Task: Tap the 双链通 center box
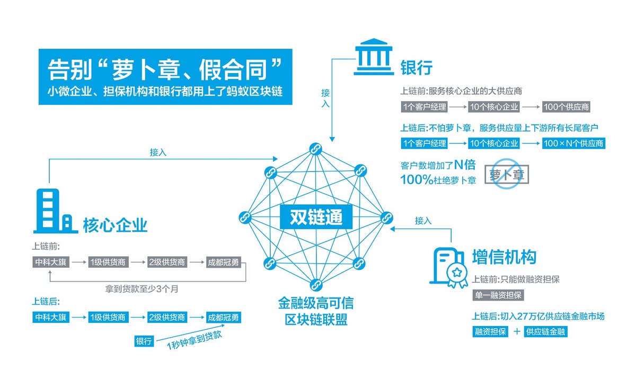[x=316, y=217]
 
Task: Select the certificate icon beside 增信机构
[x=448, y=266]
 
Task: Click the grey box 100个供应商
[x=567, y=107]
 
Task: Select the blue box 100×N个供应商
[x=573, y=143]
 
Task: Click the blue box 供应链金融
[x=546, y=332]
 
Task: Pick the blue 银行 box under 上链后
[x=144, y=341]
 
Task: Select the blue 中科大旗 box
[x=50, y=318]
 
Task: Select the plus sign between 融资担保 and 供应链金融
[x=516, y=332]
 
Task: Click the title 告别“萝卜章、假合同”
[x=164, y=68]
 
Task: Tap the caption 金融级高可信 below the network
[x=316, y=304]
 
